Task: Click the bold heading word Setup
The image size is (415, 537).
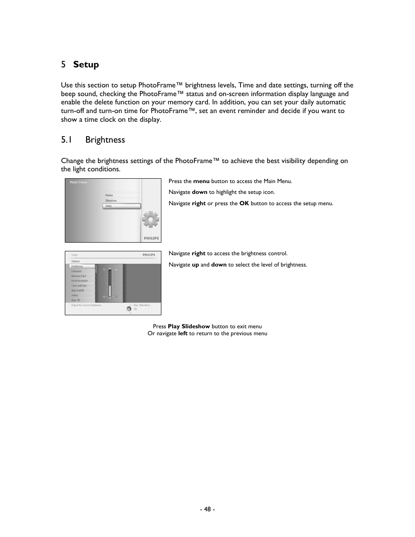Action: tap(86, 64)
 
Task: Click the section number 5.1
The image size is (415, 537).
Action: tap(66, 140)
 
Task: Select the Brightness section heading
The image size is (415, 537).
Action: tap(105, 140)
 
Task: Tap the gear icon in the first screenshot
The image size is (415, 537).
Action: tap(151, 220)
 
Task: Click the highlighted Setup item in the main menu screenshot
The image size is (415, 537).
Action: tap(121, 206)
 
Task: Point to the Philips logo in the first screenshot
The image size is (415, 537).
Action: tap(151, 238)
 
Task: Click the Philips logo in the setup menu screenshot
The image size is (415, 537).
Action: tap(149, 255)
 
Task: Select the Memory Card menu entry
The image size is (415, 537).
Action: tap(79, 276)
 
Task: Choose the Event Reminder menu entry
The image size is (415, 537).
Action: tap(80, 281)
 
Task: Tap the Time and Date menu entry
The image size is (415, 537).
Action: tap(79, 286)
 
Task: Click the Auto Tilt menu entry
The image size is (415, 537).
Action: tap(76, 300)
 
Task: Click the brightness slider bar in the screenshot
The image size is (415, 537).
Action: tap(110, 284)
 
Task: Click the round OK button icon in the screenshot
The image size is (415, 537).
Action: tap(129, 309)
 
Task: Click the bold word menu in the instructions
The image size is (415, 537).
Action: tap(201, 181)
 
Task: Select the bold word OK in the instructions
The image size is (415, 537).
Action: tap(244, 203)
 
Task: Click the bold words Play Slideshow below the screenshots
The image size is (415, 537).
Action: tap(189, 327)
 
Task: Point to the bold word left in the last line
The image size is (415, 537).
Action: tap(183, 334)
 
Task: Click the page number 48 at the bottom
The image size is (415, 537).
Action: tap(207, 509)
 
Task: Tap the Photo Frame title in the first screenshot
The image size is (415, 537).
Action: tap(78, 182)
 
